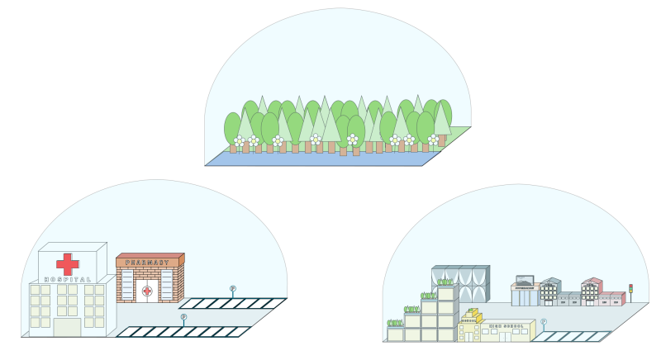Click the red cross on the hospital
(68, 263)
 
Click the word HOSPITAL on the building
(68, 279)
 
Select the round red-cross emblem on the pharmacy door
(147, 291)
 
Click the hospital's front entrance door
(67, 327)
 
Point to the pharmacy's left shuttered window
(127, 284)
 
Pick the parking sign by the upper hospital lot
(233, 290)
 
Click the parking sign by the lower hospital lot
(183, 318)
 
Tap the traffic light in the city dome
(631, 289)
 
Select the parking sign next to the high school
(543, 323)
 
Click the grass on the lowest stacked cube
(395, 324)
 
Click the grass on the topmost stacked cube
(445, 282)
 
